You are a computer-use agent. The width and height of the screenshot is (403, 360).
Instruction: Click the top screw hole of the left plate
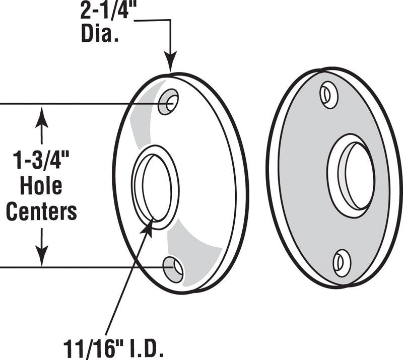168,102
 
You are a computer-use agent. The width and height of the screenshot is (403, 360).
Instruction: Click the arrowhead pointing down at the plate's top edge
170,64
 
